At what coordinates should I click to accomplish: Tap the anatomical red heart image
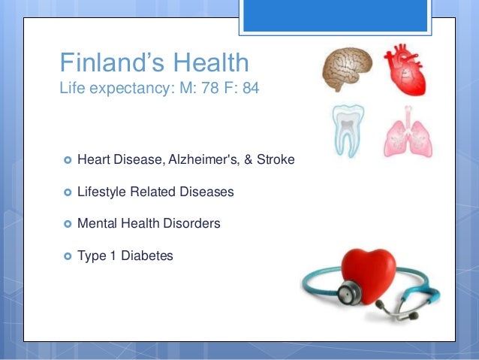[x=407, y=70]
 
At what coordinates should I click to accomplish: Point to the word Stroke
[x=277, y=160]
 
